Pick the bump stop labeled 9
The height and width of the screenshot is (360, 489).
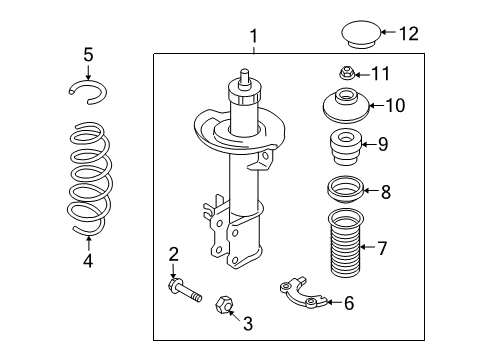point(344,148)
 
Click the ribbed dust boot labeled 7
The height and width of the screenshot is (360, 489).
point(345,246)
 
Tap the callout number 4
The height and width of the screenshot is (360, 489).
point(89,262)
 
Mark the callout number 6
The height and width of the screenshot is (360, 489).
point(349,302)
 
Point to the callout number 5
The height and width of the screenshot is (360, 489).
point(88,54)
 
